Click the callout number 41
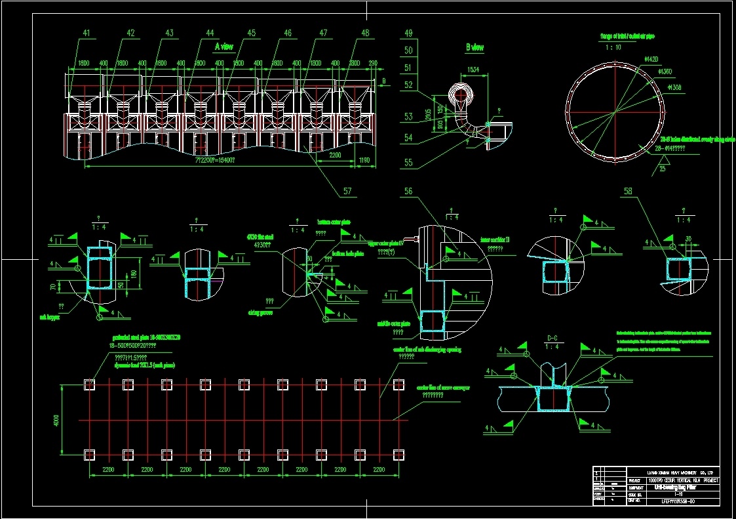[x=87, y=33]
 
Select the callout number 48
[x=365, y=33]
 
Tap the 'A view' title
[x=224, y=47]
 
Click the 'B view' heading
[x=475, y=47]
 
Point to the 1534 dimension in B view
[x=473, y=69]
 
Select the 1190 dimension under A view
[x=365, y=159]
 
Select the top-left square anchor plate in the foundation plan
[x=90, y=384]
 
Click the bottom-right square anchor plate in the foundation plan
[x=398, y=454]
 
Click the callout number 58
[x=629, y=192]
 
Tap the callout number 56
[x=409, y=191]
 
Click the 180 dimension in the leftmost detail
[x=133, y=274]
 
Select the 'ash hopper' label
[x=50, y=316]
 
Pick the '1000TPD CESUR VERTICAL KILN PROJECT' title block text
[x=682, y=480]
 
